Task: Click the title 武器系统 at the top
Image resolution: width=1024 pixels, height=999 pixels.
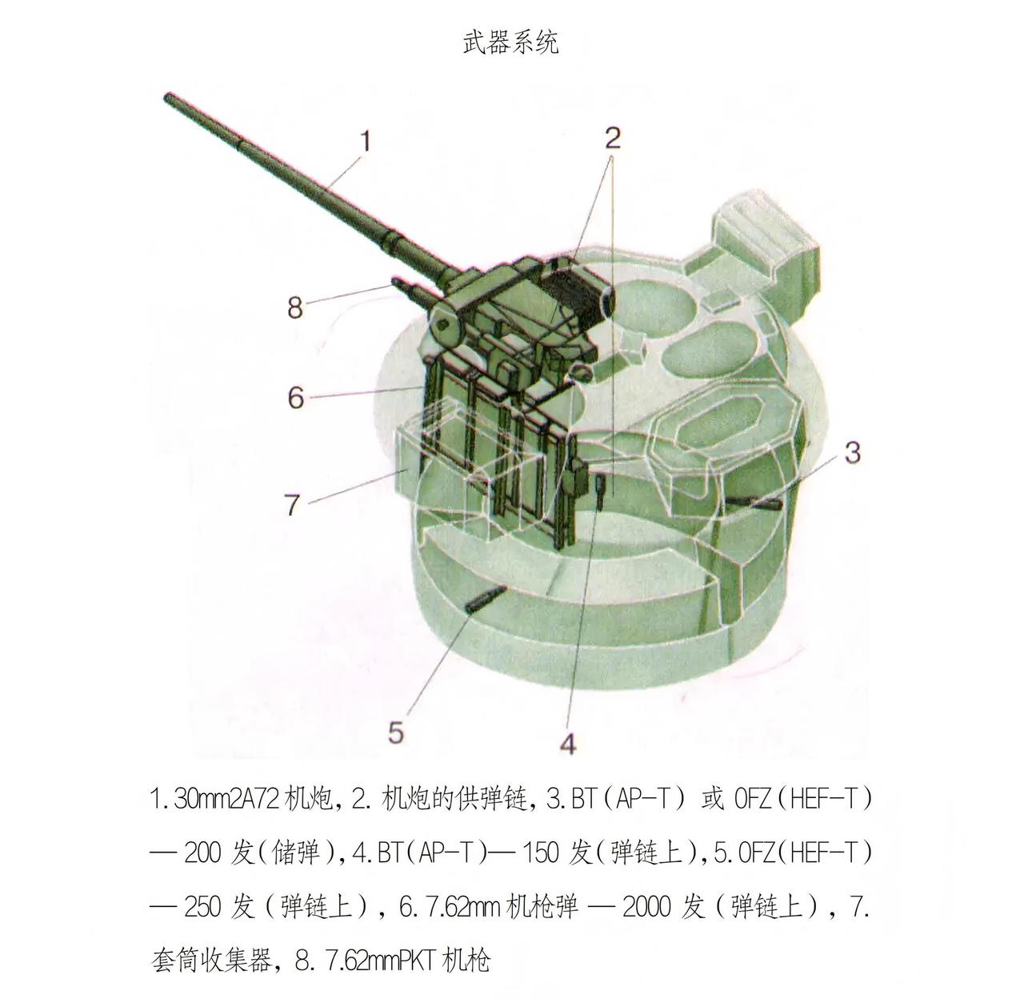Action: tap(510, 42)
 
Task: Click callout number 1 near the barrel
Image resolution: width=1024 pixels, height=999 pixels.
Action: tap(365, 141)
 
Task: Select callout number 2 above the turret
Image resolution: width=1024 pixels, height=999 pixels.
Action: tap(613, 138)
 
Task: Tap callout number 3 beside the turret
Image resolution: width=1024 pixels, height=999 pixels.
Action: tap(853, 452)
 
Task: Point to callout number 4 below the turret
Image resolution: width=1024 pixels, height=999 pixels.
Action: tap(568, 744)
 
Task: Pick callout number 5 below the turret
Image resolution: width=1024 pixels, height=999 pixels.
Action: tap(396, 732)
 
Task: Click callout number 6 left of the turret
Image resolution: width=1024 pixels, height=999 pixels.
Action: tap(296, 397)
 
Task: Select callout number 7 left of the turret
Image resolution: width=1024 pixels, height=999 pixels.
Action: tap(293, 504)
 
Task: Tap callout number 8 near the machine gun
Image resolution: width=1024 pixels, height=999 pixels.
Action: tap(295, 307)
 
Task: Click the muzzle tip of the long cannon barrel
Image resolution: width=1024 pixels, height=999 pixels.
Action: tap(167, 97)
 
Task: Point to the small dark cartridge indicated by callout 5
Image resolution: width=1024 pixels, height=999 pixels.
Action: tap(486, 600)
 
